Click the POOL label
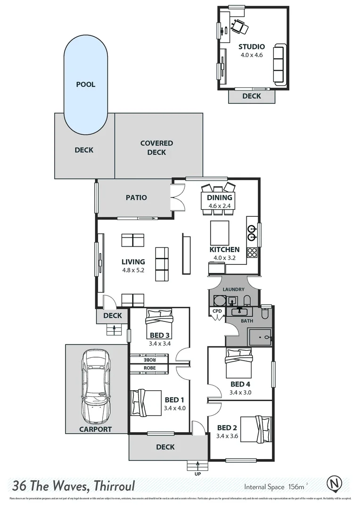(x=86, y=85)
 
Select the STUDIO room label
(x=251, y=47)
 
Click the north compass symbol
(x=335, y=484)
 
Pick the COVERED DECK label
(x=156, y=148)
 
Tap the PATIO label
(x=136, y=198)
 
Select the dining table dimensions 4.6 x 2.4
(x=220, y=205)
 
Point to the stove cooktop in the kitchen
(x=252, y=253)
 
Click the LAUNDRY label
(x=234, y=289)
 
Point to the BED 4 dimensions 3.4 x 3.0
(x=240, y=392)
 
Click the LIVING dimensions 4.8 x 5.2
(x=133, y=271)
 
